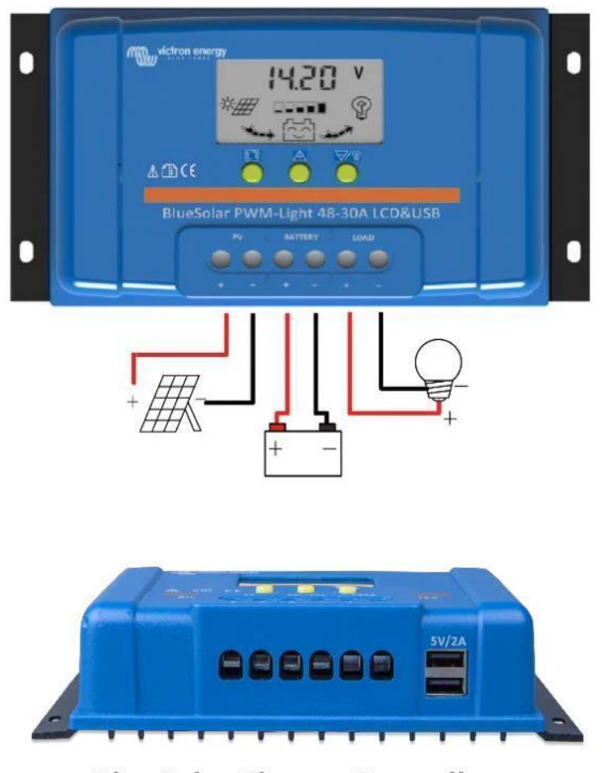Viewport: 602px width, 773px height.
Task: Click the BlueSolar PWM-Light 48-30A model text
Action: (301, 213)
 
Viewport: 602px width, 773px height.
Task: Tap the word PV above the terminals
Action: (237, 235)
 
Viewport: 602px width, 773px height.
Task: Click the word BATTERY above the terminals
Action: (299, 235)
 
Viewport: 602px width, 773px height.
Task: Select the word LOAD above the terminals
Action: (364, 235)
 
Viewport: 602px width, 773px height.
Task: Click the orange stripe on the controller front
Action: (301, 195)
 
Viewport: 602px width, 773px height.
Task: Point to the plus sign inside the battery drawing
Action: (277, 449)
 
